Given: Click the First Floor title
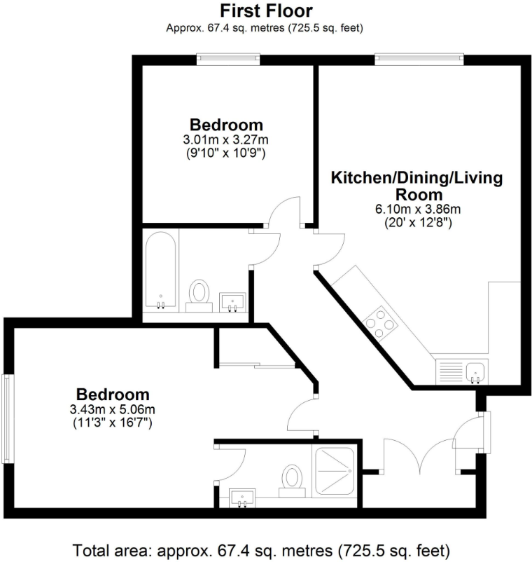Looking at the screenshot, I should point(266,11).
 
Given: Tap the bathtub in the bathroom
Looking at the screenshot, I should point(160,270).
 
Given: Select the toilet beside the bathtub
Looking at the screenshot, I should point(200,294).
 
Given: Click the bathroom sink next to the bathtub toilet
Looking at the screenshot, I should point(232,302).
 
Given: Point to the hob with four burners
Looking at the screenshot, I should point(380,322).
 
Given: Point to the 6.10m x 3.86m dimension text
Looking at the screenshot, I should point(416,210).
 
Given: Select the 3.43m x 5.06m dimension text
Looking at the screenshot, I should point(113,409).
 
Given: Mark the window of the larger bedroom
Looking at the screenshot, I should point(7,419).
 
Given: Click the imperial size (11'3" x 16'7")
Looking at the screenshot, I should point(113,423).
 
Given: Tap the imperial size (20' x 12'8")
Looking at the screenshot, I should point(416,223).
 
